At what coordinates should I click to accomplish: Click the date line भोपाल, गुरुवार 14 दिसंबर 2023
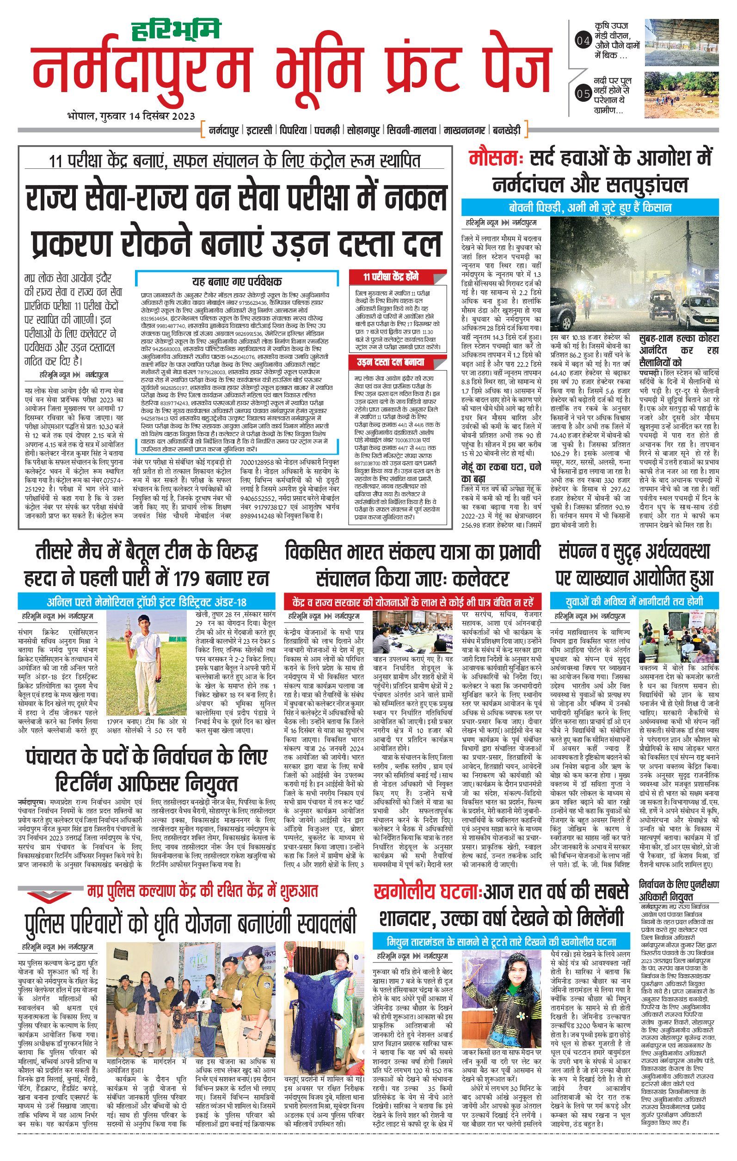pyautogui.click(x=131, y=116)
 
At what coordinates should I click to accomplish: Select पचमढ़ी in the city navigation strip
pyautogui.click(x=327, y=130)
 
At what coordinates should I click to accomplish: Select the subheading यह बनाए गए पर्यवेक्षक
pyautogui.click(x=237, y=282)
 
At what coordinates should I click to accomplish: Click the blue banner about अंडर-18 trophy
pyautogui.click(x=147, y=602)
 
